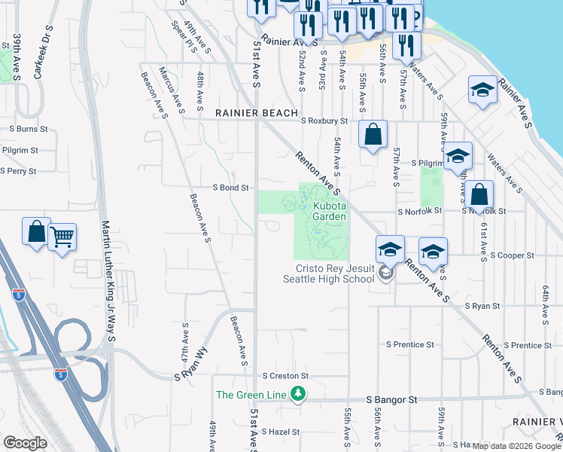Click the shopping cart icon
(x=62, y=237)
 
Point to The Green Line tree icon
(x=299, y=394)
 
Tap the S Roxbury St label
(x=324, y=121)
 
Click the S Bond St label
(x=230, y=188)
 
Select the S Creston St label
(x=285, y=375)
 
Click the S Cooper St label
(x=512, y=255)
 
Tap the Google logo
(x=25, y=443)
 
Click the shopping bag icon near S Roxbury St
(x=373, y=136)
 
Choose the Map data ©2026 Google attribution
(x=516, y=445)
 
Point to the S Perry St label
(x=18, y=171)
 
